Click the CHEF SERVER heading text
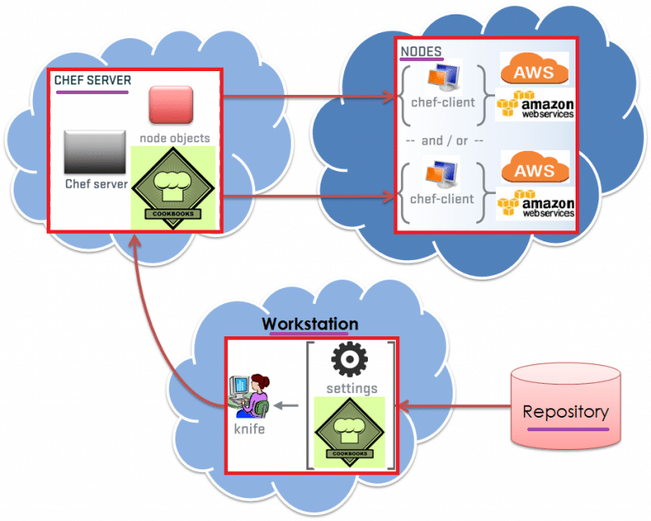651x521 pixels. [x=92, y=80]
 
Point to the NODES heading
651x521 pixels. [x=420, y=52]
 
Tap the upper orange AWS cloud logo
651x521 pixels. [x=535, y=70]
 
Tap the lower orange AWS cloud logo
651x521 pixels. [x=535, y=168]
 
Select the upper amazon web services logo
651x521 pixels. [x=536, y=106]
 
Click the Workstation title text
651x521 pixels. [x=309, y=324]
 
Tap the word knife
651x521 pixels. [x=249, y=430]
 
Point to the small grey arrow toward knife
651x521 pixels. [x=289, y=404]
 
